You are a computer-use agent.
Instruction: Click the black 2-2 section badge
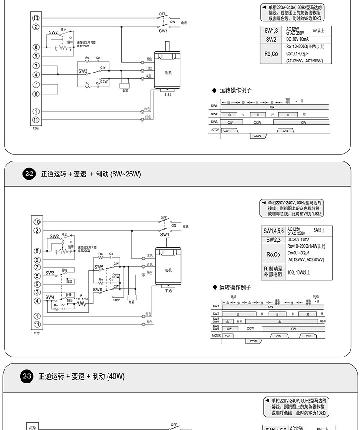coord(29,174)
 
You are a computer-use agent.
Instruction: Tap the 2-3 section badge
coord(27,376)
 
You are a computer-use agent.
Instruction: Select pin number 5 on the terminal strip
coord(37,284)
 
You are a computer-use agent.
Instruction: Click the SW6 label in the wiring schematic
coord(98,290)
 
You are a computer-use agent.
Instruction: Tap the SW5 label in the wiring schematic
coord(99,267)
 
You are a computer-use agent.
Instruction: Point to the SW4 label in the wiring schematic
coord(50,297)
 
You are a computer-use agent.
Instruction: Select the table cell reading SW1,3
coord(271,31)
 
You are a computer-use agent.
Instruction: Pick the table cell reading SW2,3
coord(273,239)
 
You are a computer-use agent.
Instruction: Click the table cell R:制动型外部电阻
coord(273,272)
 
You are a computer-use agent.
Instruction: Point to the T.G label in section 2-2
coord(168,290)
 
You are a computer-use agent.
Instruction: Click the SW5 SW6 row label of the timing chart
coord(216,327)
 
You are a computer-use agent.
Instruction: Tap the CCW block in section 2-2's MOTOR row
coord(253,341)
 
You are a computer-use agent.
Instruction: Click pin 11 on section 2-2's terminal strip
coord(37,324)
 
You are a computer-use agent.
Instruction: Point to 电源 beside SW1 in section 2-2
coord(185,227)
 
